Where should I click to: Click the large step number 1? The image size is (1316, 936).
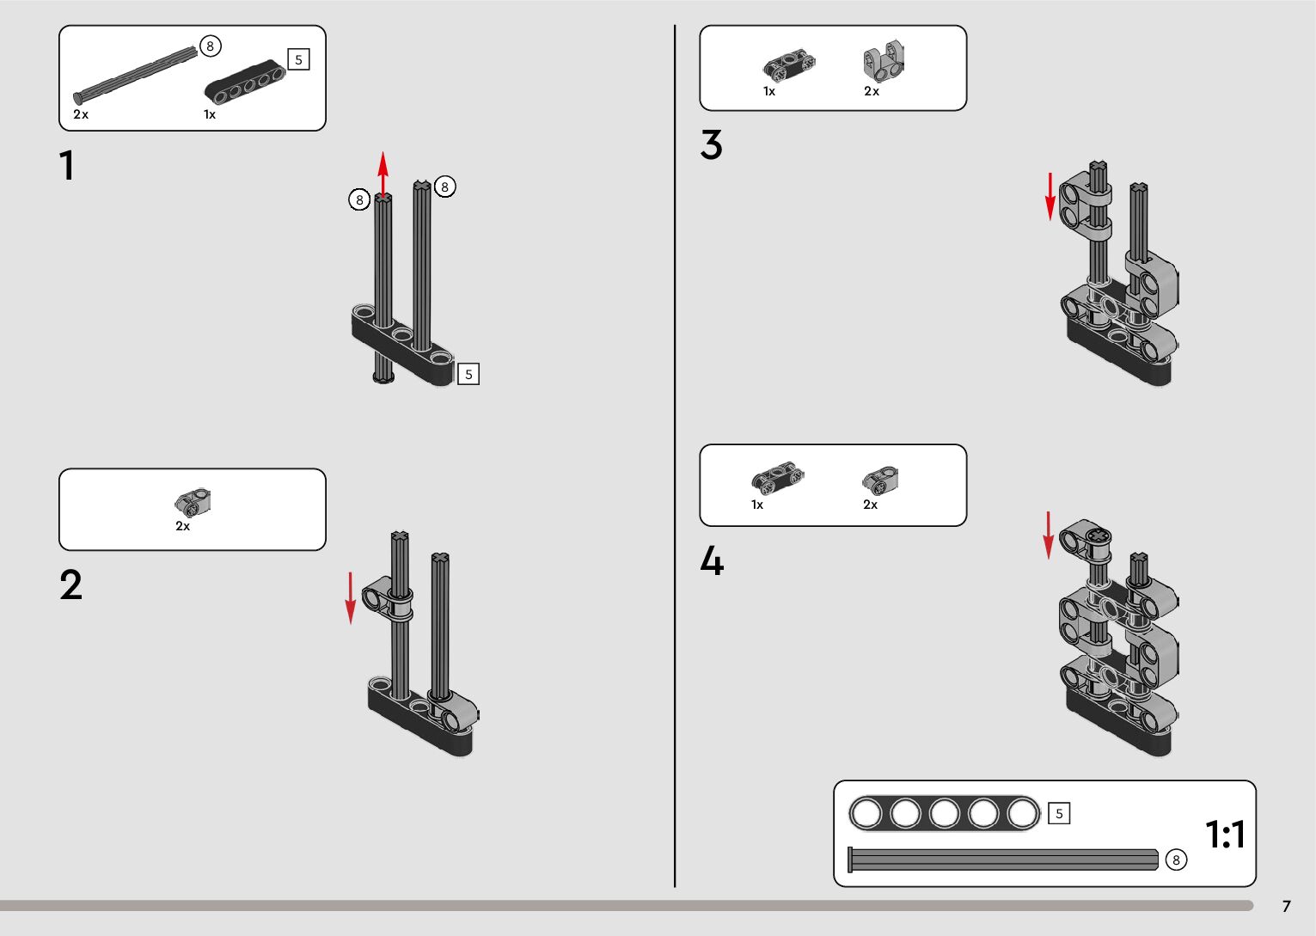tap(66, 166)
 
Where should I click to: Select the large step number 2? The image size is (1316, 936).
tap(70, 585)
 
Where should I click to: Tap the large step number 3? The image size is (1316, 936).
tap(711, 144)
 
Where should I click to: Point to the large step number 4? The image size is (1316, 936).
tap(711, 562)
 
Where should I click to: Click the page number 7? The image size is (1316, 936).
tap(1286, 907)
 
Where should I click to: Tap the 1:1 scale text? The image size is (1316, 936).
tap(1225, 834)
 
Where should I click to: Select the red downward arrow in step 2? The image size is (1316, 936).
tap(350, 596)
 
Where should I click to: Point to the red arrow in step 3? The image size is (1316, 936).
tap(1050, 196)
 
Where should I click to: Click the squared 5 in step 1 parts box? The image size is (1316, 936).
tap(298, 59)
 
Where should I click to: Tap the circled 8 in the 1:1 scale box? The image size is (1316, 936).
tap(1175, 860)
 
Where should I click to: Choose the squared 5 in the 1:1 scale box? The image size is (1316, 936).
tap(1059, 813)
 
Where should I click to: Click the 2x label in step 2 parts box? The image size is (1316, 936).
tap(182, 526)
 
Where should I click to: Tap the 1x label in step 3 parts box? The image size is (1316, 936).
tap(769, 91)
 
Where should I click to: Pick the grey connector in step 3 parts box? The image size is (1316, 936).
tap(883, 63)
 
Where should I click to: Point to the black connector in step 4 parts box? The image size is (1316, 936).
tap(776, 478)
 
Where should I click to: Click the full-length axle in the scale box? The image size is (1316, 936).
tap(1003, 860)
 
